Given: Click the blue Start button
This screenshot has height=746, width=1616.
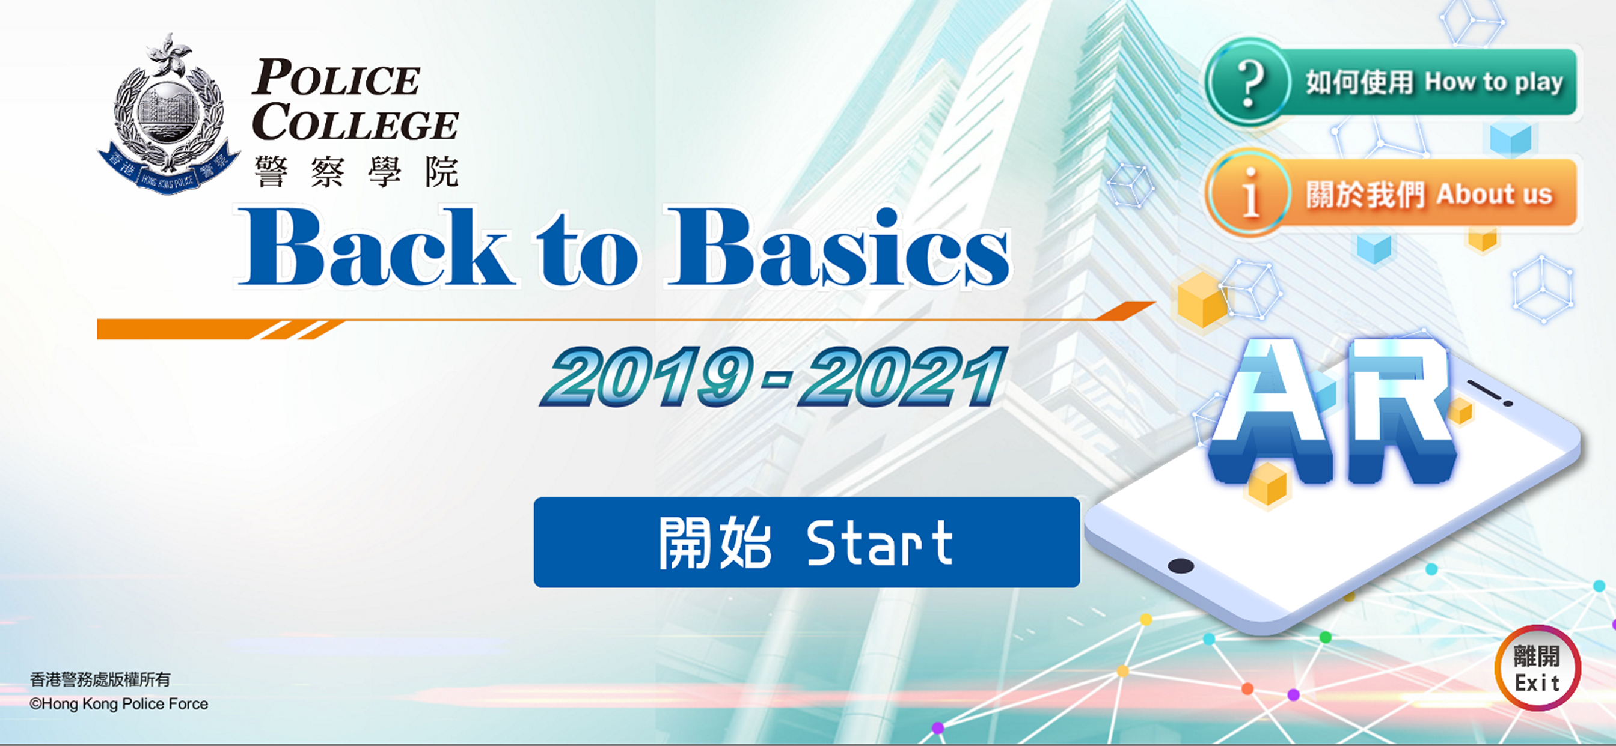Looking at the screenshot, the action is coord(807,542).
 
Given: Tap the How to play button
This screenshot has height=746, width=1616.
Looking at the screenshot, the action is coord(1391,82).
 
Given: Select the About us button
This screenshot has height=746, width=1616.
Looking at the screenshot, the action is coord(1391,193).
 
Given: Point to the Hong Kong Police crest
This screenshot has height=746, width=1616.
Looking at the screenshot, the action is coord(168,114).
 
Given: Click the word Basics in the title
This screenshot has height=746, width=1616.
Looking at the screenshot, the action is coord(838,247).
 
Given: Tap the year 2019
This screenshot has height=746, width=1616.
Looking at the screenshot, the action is coord(649,377).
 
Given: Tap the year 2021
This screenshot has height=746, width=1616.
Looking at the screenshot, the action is coord(901,377).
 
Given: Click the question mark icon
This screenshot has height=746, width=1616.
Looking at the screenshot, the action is coord(1249,82).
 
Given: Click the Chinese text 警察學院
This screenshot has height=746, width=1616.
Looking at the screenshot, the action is coord(357,172).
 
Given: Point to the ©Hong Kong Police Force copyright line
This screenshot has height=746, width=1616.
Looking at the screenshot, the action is coord(118,704).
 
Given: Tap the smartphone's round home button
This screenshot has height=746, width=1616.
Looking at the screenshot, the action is coord(1181,566).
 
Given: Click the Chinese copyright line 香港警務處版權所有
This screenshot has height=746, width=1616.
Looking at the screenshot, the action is coord(100,679).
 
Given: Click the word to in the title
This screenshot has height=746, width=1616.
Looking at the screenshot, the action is coord(587,250).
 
